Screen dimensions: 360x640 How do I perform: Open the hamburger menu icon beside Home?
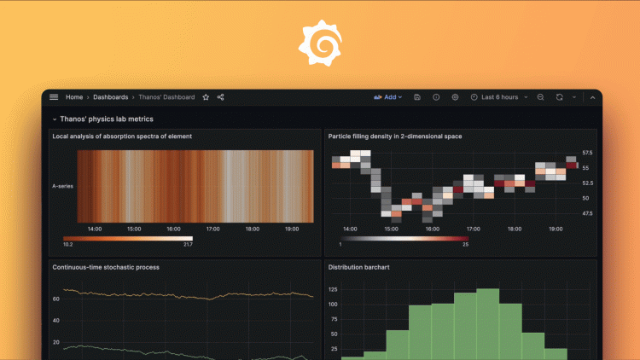pos(54,97)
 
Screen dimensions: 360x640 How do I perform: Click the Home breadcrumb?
pos(74,97)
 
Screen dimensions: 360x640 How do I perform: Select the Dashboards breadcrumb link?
pos(111,97)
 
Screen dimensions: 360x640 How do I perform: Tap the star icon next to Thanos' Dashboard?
pos(206,97)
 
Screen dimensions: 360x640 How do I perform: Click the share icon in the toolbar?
pos(220,97)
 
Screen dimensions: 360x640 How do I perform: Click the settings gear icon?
pos(455,97)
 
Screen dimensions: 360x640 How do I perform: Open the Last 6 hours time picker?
pos(499,97)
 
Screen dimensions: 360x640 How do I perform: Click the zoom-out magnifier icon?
pos(540,97)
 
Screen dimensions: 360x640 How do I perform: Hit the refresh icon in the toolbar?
pos(559,97)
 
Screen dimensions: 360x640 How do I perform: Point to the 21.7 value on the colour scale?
pos(188,245)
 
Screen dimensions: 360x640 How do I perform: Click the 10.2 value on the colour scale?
pos(68,245)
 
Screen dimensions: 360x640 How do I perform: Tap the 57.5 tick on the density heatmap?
pos(587,153)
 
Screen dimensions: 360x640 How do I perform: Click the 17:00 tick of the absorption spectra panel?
pos(213,229)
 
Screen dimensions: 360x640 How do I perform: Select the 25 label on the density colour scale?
pos(465,245)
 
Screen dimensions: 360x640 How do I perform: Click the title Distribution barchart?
pos(365,267)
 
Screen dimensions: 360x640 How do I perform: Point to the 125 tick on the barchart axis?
pos(333,289)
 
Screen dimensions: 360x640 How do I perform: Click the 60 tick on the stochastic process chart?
pos(55,299)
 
